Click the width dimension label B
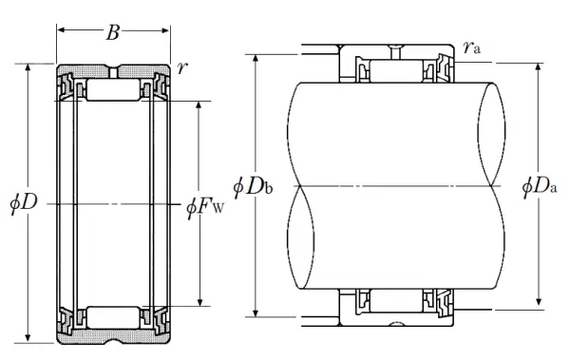113,32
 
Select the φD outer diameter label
24,202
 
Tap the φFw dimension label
205,208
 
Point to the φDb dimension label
253,187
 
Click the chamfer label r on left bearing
182,68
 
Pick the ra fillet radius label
472,47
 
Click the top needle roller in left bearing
113,89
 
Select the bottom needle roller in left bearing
113,318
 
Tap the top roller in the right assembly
396,71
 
